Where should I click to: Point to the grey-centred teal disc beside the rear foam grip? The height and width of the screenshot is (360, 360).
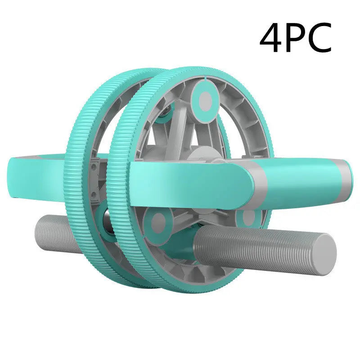157,222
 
